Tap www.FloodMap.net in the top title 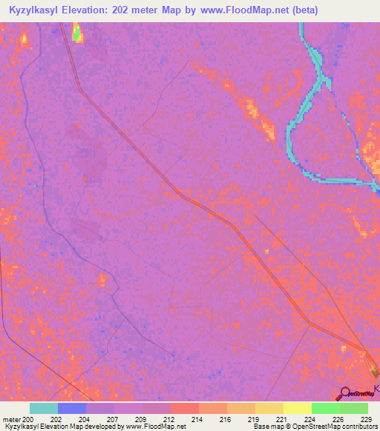(x=241, y=10)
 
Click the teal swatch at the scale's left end (x=44, y=408)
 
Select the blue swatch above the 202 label (x=72, y=408)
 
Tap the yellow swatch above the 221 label (x=269, y=408)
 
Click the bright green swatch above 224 (x=325, y=408)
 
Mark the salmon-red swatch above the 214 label (x=184, y=408)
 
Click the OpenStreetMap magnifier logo (x=345, y=392)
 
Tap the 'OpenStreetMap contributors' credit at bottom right (x=338, y=427)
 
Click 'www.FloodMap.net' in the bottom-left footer (x=156, y=427)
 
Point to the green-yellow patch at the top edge (x=76, y=31)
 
